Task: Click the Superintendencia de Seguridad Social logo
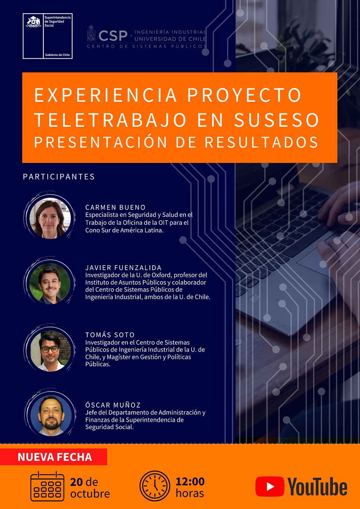click(x=47, y=36)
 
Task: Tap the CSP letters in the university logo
click(x=113, y=36)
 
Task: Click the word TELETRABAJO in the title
click(x=110, y=120)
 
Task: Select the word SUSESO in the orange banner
click(x=277, y=120)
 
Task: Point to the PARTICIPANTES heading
click(x=59, y=177)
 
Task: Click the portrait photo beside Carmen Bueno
click(x=50, y=218)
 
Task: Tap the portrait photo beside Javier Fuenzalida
click(x=50, y=283)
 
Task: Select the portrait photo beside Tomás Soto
click(x=50, y=350)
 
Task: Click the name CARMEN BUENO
click(x=115, y=208)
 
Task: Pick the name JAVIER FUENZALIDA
click(x=123, y=268)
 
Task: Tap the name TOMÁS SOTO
click(x=110, y=335)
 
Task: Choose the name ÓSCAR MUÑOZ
click(x=113, y=405)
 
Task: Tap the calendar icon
click(x=47, y=486)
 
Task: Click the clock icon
click(x=155, y=486)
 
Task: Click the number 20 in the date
click(x=76, y=482)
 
